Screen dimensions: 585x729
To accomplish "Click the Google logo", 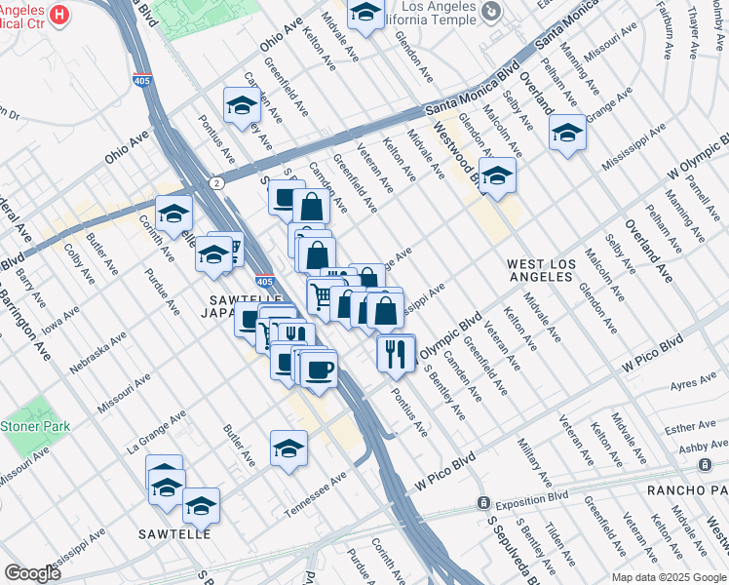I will [33, 573].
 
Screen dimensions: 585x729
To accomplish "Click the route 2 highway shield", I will [215, 182].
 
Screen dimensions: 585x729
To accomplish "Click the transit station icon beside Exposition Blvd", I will [482, 502].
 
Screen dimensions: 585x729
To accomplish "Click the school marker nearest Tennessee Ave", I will [288, 448].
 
